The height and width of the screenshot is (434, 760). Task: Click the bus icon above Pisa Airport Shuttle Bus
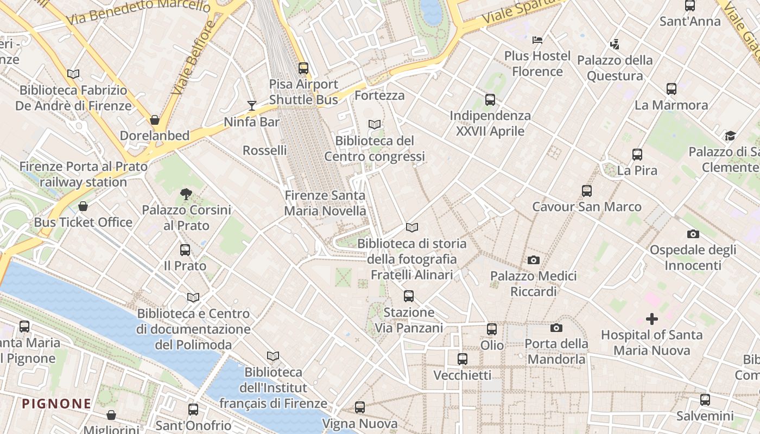click(303, 68)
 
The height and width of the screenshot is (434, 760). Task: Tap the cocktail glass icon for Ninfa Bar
click(251, 105)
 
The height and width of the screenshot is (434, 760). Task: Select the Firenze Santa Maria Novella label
click(325, 203)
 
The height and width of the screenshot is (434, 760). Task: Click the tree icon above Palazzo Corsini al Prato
click(186, 194)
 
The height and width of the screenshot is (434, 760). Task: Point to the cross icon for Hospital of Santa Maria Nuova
click(651, 318)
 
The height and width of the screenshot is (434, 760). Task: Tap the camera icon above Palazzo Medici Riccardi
click(534, 260)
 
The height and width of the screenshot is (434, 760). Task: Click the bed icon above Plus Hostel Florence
click(537, 40)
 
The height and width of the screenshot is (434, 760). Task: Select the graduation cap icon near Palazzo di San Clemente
click(730, 136)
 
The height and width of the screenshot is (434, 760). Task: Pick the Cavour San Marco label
click(586, 207)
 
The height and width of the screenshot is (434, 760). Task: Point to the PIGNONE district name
click(56, 404)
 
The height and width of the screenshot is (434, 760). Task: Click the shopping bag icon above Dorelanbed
click(155, 119)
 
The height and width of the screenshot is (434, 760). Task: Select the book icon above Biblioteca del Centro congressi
click(375, 124)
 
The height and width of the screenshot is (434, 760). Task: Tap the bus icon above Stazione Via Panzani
click(409, 296)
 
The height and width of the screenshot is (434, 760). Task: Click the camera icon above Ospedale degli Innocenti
click(693, 234)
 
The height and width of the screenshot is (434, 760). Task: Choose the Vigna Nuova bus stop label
click(359, 423)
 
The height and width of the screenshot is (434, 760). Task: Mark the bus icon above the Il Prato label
click(185, 250)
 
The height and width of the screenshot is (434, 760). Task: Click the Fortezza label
click(379, 95)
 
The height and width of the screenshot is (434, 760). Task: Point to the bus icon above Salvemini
click(705, 400)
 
